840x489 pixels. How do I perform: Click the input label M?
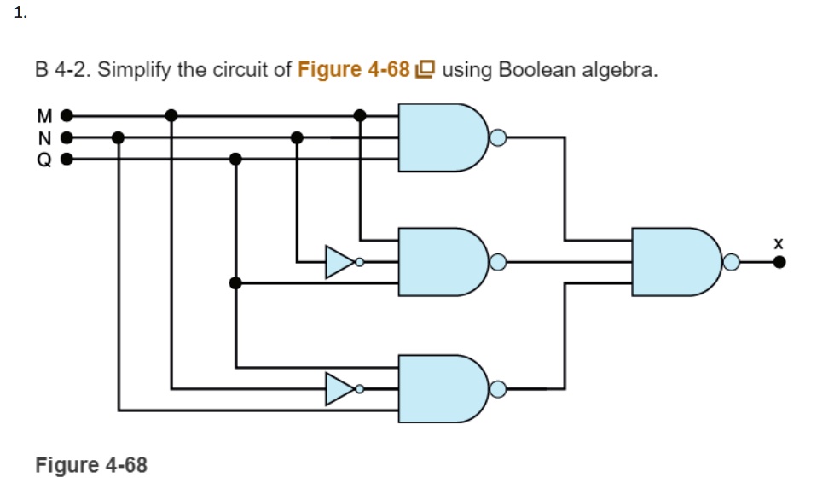coord(44,114)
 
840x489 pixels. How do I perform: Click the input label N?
coord(44,137)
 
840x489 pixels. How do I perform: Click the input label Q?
coord(44,159)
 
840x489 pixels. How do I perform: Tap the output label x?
coord(778,244)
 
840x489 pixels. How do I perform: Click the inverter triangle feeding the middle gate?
coord(339,262)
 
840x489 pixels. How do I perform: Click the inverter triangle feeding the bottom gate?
coord(339,389)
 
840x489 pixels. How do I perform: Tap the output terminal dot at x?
coord(778,263)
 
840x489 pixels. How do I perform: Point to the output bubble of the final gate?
coord(731,263)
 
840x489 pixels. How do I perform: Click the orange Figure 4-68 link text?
coord(354,69)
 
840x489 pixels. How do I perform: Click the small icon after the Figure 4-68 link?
coord(425,70)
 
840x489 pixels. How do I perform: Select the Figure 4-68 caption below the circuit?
coord(91,465)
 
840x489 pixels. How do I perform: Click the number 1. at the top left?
coord(21,13)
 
